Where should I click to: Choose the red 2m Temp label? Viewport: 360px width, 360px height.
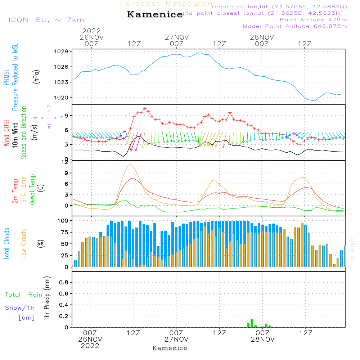coord(15,191)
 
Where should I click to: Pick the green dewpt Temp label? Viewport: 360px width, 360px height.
coord(33,190)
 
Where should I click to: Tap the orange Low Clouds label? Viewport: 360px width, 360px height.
coord(24,244)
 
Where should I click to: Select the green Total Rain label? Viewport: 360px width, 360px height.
coord(24,295)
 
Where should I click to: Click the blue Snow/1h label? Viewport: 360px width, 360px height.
coord(20,308)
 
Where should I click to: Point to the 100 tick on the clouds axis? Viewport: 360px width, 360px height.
coord(63,220)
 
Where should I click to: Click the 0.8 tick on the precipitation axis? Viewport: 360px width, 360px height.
coord(64,283)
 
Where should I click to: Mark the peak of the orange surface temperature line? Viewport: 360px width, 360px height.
coord(131,165)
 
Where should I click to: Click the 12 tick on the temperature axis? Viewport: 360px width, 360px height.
coord(66,162)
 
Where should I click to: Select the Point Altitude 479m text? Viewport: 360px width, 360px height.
coord(313,19)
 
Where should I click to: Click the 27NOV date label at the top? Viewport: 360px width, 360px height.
coord(177,37)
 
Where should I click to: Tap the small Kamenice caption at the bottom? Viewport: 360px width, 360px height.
coord(170,348)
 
